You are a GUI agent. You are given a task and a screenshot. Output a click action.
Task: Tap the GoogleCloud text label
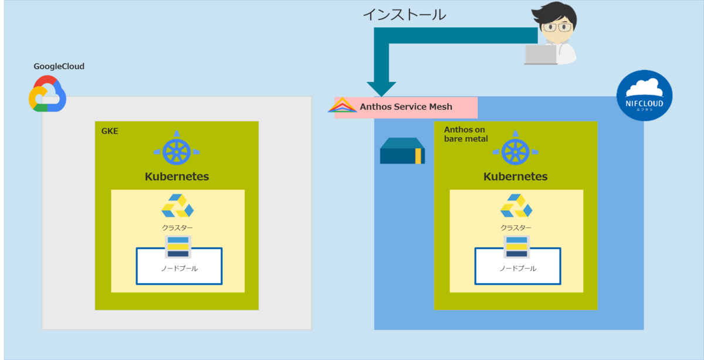(x=59, y=66)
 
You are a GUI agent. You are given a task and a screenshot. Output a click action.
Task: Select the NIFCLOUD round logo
(x=644, y=94)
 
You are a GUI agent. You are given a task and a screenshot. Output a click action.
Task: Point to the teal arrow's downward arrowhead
(x=381, y=89)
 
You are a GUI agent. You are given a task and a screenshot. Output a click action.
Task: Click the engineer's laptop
(x=541, y=54)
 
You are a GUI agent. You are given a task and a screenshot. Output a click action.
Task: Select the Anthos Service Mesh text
(x=406, y=107)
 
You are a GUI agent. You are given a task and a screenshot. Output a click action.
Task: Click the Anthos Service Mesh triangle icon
(x=342, y=106)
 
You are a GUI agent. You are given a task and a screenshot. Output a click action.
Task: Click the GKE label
(x=110, y=131)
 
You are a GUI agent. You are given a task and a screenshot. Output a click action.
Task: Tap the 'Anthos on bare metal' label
(x=466, y=134)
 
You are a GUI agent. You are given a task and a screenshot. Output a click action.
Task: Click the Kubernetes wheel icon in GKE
(x=177, y=151)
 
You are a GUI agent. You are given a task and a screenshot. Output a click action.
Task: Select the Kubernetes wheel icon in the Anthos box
(x=516, y=151)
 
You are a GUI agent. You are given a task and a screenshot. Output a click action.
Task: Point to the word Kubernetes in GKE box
(x=177, y=176)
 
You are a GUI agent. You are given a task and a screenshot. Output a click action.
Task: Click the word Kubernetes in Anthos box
(x=516, y=176)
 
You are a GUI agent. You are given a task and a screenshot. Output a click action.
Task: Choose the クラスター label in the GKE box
(x=177, y=227)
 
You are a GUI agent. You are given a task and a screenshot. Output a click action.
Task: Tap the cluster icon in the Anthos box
(x=516, y=206)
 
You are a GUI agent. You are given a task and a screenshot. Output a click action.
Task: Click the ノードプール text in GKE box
(x=179, y=269)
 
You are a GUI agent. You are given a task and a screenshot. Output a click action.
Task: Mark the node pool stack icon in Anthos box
(x=516, y=247)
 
